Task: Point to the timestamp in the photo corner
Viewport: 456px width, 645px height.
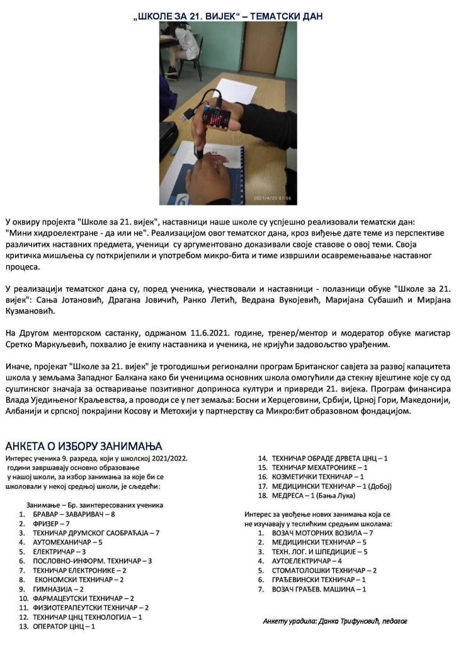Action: [x=271, y=198]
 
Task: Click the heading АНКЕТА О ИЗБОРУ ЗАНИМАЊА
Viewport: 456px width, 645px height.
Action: [x=84, y=446]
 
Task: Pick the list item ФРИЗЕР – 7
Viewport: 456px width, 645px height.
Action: [x=51, y=523]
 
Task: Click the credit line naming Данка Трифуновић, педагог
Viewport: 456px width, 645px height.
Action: [x=335, y=621]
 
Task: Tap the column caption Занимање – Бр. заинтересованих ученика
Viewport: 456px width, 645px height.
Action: [x=94, y=505]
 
